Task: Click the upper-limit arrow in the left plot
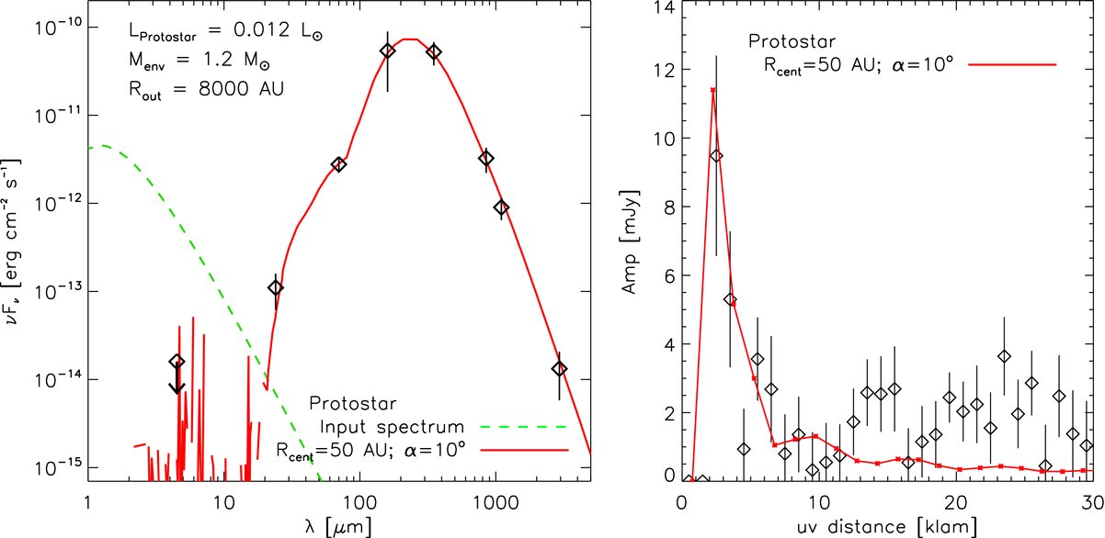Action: [x=177, y=379]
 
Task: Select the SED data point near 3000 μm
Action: [x=560, y=368]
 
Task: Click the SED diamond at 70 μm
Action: [x=338, y=164]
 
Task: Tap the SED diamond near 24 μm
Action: [x=276, y=287]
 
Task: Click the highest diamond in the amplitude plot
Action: [x=717, y=156]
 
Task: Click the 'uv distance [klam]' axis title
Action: [x=887, y=527]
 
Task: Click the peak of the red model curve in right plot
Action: [x=712, y=90]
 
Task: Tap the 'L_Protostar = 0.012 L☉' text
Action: [x=224, y=33]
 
